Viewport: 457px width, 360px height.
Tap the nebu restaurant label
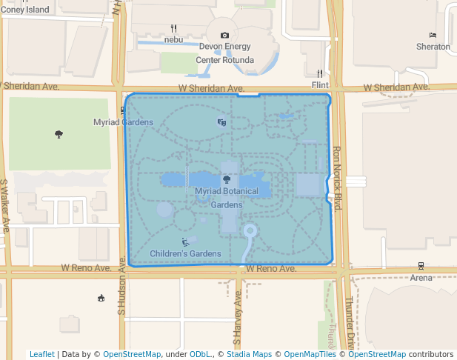click(173, 39)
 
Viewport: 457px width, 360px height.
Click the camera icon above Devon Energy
click(225, 35)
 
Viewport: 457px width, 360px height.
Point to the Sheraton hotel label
click(433, 47)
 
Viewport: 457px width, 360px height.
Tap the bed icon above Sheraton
click(433, 35)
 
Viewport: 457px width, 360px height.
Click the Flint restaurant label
click(320, 85)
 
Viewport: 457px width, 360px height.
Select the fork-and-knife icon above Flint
click(320, 73)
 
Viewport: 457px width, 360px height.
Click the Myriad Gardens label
click(123, 122)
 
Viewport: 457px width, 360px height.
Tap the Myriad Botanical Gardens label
click(227, 198)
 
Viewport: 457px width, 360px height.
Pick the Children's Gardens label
click(185, 254)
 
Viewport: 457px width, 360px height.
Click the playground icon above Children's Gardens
click(185, 241)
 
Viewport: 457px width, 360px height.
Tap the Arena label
click(421, 278)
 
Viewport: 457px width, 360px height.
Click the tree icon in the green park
click(59, 134)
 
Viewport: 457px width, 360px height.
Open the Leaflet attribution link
click(41, 354)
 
